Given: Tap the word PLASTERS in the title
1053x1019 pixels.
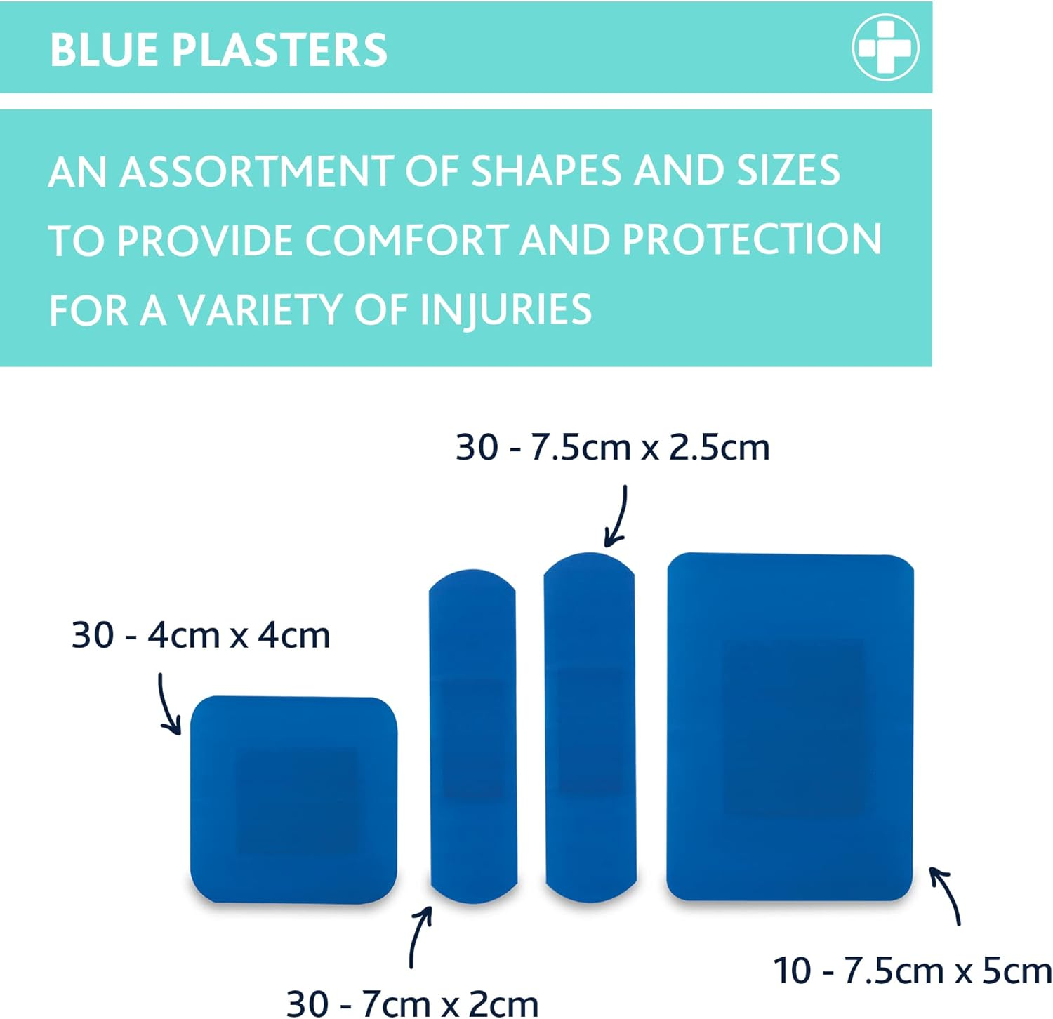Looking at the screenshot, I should pos(279,50).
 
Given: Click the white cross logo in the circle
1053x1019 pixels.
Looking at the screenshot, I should pos(885,48).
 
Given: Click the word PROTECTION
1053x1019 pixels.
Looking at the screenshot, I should pos(751,240).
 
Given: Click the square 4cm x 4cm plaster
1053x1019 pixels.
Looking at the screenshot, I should pos(293,799).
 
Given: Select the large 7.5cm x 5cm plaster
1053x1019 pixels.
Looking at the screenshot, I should pos(790,726).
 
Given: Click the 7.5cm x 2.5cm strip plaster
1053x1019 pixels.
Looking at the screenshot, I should pos(590,726).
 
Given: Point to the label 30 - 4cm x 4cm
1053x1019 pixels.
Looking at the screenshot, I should pos(201,636).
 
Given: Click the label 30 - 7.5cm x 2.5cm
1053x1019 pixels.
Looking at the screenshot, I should pos(612,448).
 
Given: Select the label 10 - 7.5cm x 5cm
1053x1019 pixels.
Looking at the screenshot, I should pos(912,971).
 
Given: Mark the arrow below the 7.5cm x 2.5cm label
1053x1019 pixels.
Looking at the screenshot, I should pos(617,516).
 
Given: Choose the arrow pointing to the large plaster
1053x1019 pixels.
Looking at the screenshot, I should pos(946,895).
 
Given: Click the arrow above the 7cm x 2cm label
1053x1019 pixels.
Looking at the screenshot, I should pos(419,937).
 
